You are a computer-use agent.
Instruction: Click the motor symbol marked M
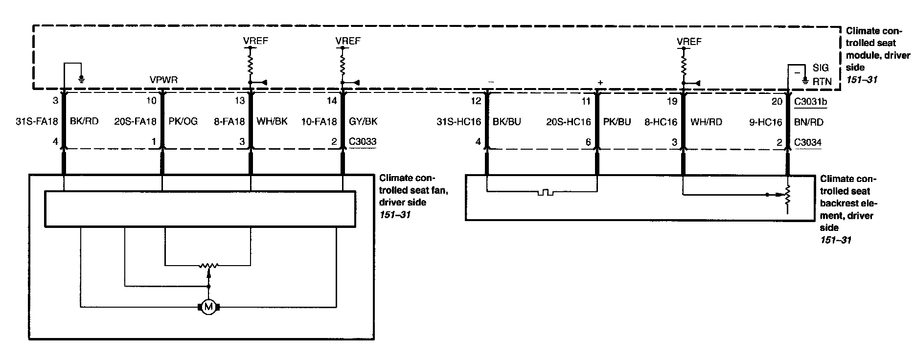point(209,307)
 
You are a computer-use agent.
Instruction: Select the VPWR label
point(163,80)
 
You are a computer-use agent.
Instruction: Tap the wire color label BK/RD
point(84,121)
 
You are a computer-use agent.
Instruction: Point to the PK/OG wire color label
point(183,121)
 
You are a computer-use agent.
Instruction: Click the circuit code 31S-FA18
point(37,121)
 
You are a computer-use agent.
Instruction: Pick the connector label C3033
point(363,142)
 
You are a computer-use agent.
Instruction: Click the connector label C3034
point(808,142)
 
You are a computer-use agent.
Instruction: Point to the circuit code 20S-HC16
point(569,122)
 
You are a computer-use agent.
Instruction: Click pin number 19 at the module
point(672,101)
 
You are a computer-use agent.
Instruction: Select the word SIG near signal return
point(821,68)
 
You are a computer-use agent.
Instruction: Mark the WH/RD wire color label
point(706,122)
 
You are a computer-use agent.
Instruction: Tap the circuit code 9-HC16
point(766,122)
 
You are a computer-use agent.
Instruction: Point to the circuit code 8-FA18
point(229,121)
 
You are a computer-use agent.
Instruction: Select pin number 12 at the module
point(476,101)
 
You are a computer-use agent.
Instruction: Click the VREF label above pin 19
point(689,42)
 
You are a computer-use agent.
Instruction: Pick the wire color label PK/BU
point(617,122)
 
